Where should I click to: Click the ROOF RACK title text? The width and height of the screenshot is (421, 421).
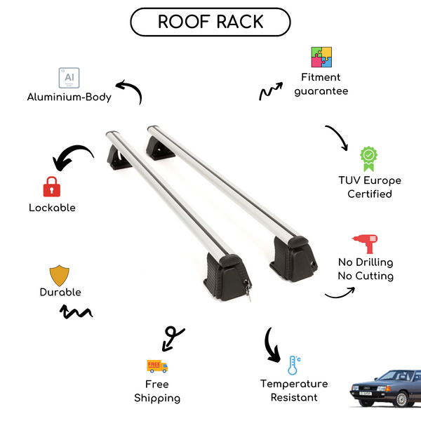coord(210,22)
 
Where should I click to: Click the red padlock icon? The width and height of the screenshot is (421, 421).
coord(51,187)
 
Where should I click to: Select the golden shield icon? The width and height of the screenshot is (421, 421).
coord(60,275)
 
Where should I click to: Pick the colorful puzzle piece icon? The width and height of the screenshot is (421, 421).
coord(321,58)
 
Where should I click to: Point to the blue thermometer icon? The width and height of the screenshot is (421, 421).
coord(293,365)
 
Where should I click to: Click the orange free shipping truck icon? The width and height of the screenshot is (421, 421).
coord(157,366)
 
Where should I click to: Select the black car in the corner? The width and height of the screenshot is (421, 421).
coord(385,389)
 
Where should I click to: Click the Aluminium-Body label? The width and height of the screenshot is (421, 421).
coord(69,98)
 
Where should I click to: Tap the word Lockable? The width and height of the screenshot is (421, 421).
coord(52,208)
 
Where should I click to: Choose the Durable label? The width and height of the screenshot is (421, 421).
coord(60,292)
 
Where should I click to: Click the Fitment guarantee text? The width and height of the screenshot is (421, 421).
coord(321,84)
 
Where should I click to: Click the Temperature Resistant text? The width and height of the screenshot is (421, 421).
coord(294,391)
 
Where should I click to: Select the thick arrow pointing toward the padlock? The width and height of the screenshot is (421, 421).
coord(73,156)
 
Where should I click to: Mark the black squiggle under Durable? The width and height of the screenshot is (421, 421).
coord(77,312)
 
